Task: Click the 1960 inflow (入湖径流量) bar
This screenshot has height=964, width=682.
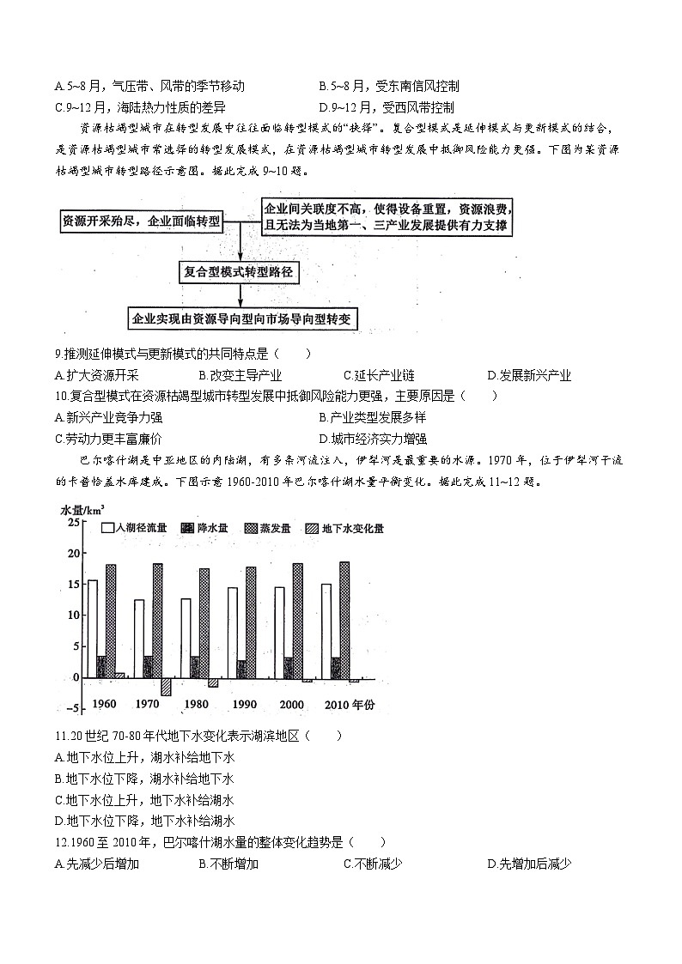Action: click(x=92, y=629)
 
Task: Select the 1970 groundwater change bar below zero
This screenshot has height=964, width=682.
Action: click(x=166, y=687)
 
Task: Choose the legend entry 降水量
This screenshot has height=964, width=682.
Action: click(x=204, y=528)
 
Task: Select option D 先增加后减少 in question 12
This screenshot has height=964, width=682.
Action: click(x=529, y=864)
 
